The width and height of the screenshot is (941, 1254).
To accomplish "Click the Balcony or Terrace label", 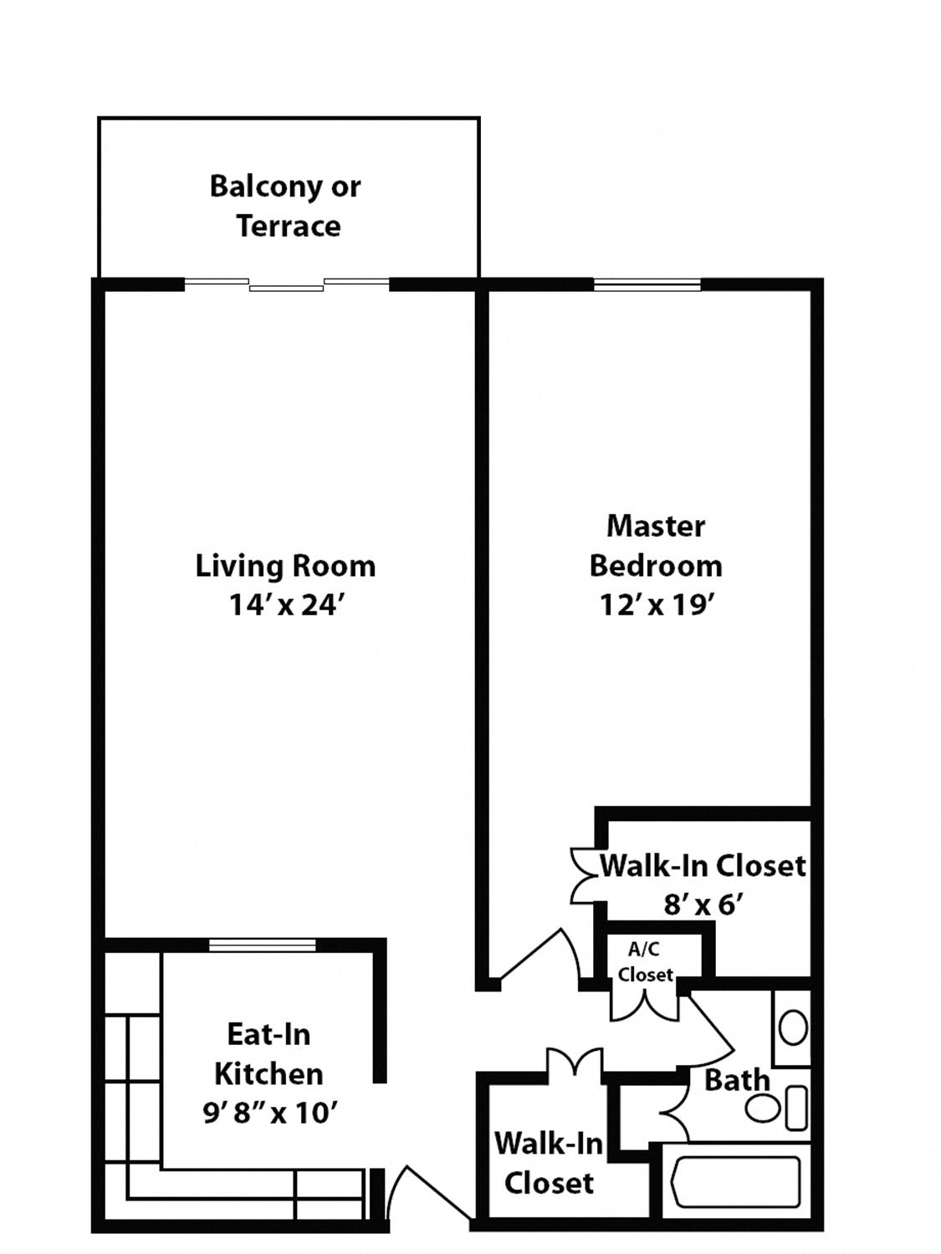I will (286, 206).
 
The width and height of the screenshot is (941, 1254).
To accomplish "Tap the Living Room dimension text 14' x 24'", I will (286, 604).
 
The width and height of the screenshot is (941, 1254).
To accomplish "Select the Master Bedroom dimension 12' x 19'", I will (655, 604).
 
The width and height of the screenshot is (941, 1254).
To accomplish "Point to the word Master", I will (655, 526).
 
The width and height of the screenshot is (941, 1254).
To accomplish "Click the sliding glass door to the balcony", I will (286, 285).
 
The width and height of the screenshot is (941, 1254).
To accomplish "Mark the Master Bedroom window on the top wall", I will (647, 285).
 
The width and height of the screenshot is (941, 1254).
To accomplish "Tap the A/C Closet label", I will (645, 961).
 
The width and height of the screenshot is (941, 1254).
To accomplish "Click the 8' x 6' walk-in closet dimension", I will (703, 905).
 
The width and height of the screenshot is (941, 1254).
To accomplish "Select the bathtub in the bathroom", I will (735, 1181).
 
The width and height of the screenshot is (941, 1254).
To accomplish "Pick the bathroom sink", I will (793, 1027).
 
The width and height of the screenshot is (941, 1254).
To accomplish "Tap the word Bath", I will (736, 1080).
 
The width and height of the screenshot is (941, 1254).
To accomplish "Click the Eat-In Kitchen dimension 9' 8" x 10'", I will (269, 1113).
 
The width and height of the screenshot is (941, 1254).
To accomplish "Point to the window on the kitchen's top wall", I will (262, 945).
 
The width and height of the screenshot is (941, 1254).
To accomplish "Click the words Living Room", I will (286, 566).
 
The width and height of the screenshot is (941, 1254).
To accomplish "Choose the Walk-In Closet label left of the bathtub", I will (549, 1163).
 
